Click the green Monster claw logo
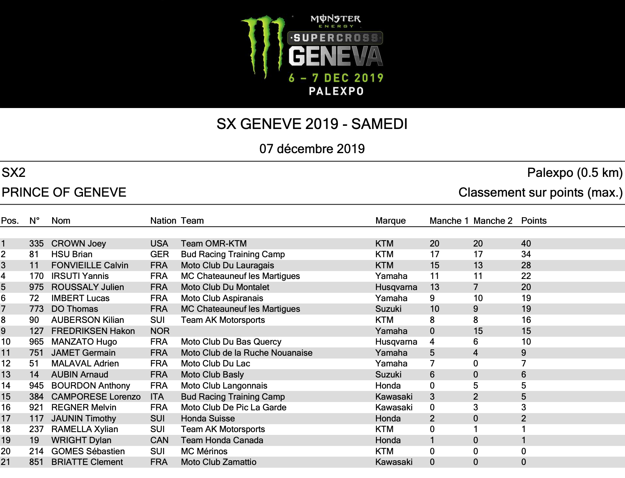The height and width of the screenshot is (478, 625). pyautogui.click(x=263, y=46)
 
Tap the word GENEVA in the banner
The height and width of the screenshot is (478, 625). pyautogui.click(x=335, y=57)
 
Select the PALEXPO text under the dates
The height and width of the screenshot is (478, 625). pyautogui.click(x=336, y=91)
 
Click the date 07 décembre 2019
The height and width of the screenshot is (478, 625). pyautogui.click(x=312, y=149)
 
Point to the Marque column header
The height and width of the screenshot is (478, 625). pyautogui.click(x=390, y=221)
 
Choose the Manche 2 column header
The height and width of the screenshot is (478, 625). pyautogui.click(x=493, y=221)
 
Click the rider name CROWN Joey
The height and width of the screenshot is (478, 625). pyautogui.click(x=79, y=243)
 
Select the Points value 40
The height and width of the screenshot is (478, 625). pyautogui.click(x=526, y=243)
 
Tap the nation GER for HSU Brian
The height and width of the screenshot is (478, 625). pyautogui.click(x=159, y=254)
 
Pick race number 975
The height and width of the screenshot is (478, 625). pyautogui.click(x=36, y=287)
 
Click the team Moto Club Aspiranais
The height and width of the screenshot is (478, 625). pyautogui.click(x=222, y=298)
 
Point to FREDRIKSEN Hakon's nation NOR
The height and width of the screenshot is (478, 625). pyautogui.click(x=160, y=331)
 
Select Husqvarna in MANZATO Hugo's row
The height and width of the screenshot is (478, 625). pyautogui.click(x=396, y=342)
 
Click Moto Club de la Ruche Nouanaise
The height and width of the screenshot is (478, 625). pyautogui.click(x=247, y=353)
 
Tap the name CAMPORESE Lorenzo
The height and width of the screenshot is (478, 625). pyautogui.click(x=96, y=396)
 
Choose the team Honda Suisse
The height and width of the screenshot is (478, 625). pyautogui.click(x=208, y=419)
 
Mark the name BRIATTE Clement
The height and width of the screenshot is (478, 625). pyautogui.click(x=87, y=462)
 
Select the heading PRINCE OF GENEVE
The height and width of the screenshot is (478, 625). pyautogui.click(x=64, y=192)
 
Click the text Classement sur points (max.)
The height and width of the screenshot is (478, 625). pyautogui.click(x=540, y=193)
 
